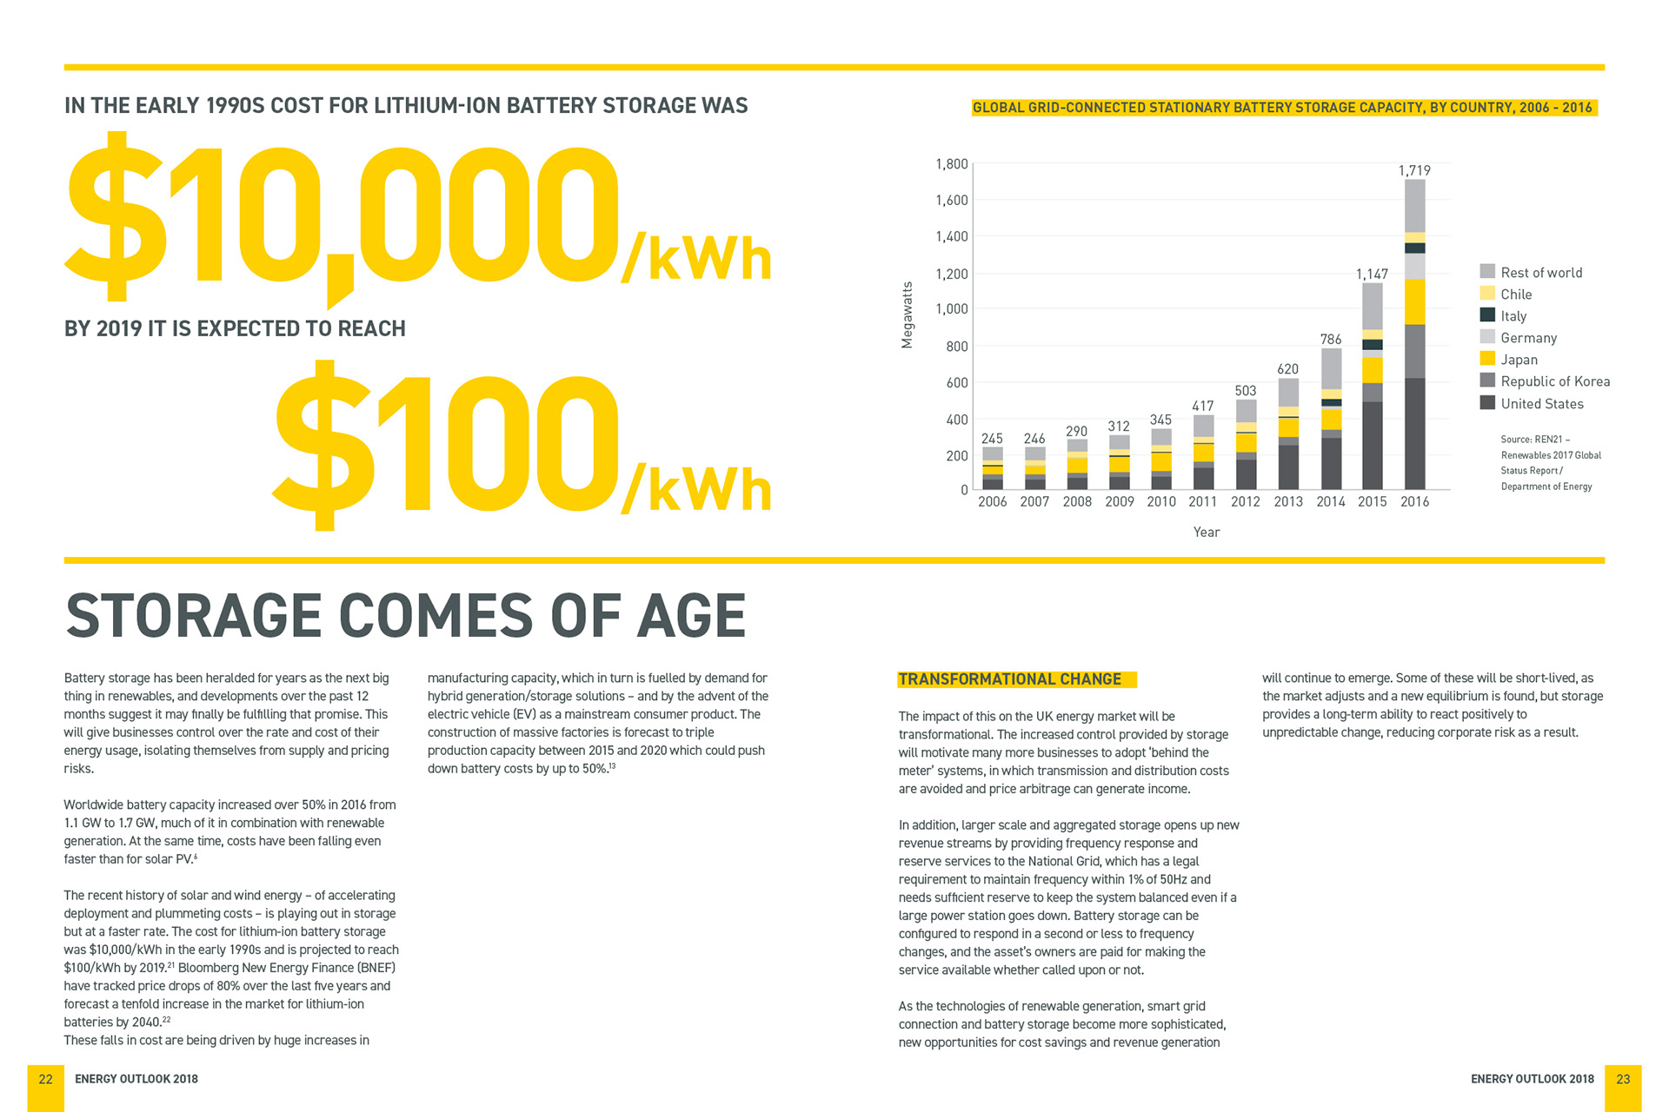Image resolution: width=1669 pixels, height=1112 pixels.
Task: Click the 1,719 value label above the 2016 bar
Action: coord(1414,170)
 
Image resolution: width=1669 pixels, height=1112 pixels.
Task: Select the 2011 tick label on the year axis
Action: coord(1203,501)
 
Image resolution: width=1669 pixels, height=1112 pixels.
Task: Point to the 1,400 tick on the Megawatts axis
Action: coord(951,236)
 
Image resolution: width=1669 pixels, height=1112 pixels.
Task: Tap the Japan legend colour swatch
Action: coord(1487,359)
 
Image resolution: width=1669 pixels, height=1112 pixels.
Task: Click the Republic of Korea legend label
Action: coord(1555,381)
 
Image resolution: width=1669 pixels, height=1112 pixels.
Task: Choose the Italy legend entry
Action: coord(1513,316)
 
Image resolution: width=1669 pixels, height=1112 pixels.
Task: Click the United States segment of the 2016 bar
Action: coord(1415,434)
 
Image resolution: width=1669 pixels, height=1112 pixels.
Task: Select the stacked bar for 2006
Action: coord(993,468)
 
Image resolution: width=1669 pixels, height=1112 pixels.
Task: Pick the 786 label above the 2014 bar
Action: coord(1331,339)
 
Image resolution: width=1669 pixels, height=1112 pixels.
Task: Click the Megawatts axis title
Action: coord(908,315)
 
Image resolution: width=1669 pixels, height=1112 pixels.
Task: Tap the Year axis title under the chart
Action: coord(1206,532)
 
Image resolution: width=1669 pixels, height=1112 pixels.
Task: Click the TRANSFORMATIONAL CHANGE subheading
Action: coord(1009,679)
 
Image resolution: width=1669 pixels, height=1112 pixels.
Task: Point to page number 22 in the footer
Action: coord(46,1079)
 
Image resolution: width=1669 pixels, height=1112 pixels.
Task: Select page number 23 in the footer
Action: coord(1623,1079)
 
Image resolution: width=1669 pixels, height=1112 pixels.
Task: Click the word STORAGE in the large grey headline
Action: coord(195,616)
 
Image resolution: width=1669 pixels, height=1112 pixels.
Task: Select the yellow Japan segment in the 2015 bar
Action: coord(1373,370)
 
